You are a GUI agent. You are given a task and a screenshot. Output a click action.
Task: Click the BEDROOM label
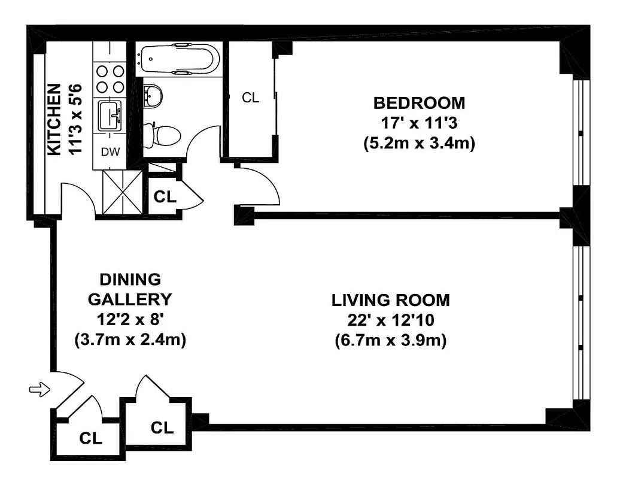(418, 102)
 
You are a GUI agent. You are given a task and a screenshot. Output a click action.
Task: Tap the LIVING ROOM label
(391, 300)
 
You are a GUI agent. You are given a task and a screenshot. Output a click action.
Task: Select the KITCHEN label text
(54, 120)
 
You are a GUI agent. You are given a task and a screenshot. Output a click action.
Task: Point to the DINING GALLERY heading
(130, 289)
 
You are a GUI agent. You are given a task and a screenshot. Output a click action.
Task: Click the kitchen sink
(110, 114)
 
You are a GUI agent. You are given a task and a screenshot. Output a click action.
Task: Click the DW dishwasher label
(110, 152)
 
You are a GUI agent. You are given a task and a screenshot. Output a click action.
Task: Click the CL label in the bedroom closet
(251, 98)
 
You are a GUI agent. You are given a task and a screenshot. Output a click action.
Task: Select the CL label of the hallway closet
(165, 197)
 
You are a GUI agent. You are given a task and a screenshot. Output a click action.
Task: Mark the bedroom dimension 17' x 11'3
(418, 123)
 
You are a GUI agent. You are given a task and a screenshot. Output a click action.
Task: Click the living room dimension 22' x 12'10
(391, 320)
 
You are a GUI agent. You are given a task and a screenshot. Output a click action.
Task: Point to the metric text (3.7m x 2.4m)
(130, 339)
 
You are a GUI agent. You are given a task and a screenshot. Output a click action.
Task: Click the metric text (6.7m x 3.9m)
(391, 341)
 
